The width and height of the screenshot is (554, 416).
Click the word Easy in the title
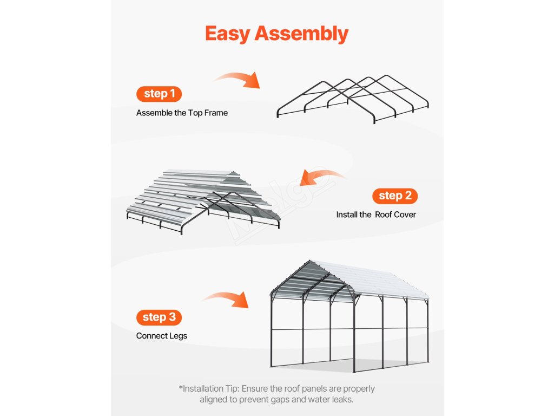[x=228, y=34]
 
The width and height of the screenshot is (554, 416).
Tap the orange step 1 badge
[x=159, y=94]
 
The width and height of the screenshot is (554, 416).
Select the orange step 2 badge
[x=394, y=196]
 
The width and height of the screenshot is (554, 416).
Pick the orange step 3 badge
[x=159, y=317]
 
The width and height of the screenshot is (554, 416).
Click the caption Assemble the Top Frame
[x=182, y=113]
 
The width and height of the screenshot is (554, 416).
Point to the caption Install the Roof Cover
[x=376, y=215]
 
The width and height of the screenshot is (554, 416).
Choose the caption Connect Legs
[x=162, y=336]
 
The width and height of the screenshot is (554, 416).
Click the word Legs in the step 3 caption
[x=177, y=336]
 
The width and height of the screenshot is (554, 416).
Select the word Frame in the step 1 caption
[x=216, y=113]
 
